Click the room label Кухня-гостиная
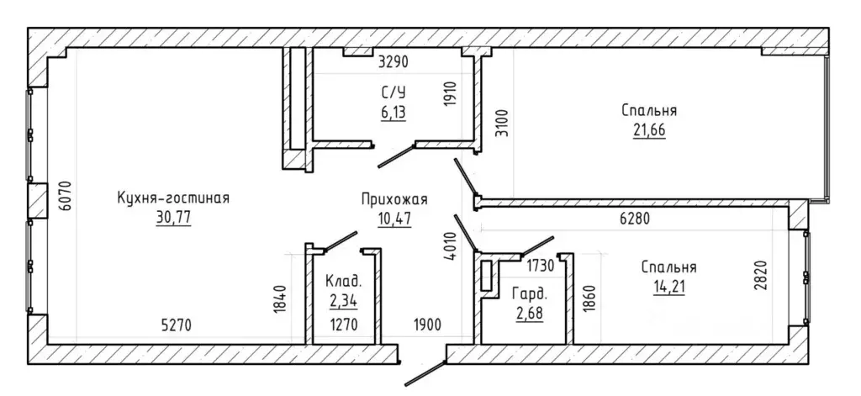[173, 198]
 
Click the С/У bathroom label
[394, 91]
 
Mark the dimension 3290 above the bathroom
[394, 62]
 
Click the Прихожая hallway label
[394, 199]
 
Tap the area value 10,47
[394, 219]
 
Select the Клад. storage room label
[344, 282]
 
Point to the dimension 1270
[343, 325]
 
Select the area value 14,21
[668, 287]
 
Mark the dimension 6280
[634, 219]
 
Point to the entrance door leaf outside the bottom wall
[425, 373]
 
